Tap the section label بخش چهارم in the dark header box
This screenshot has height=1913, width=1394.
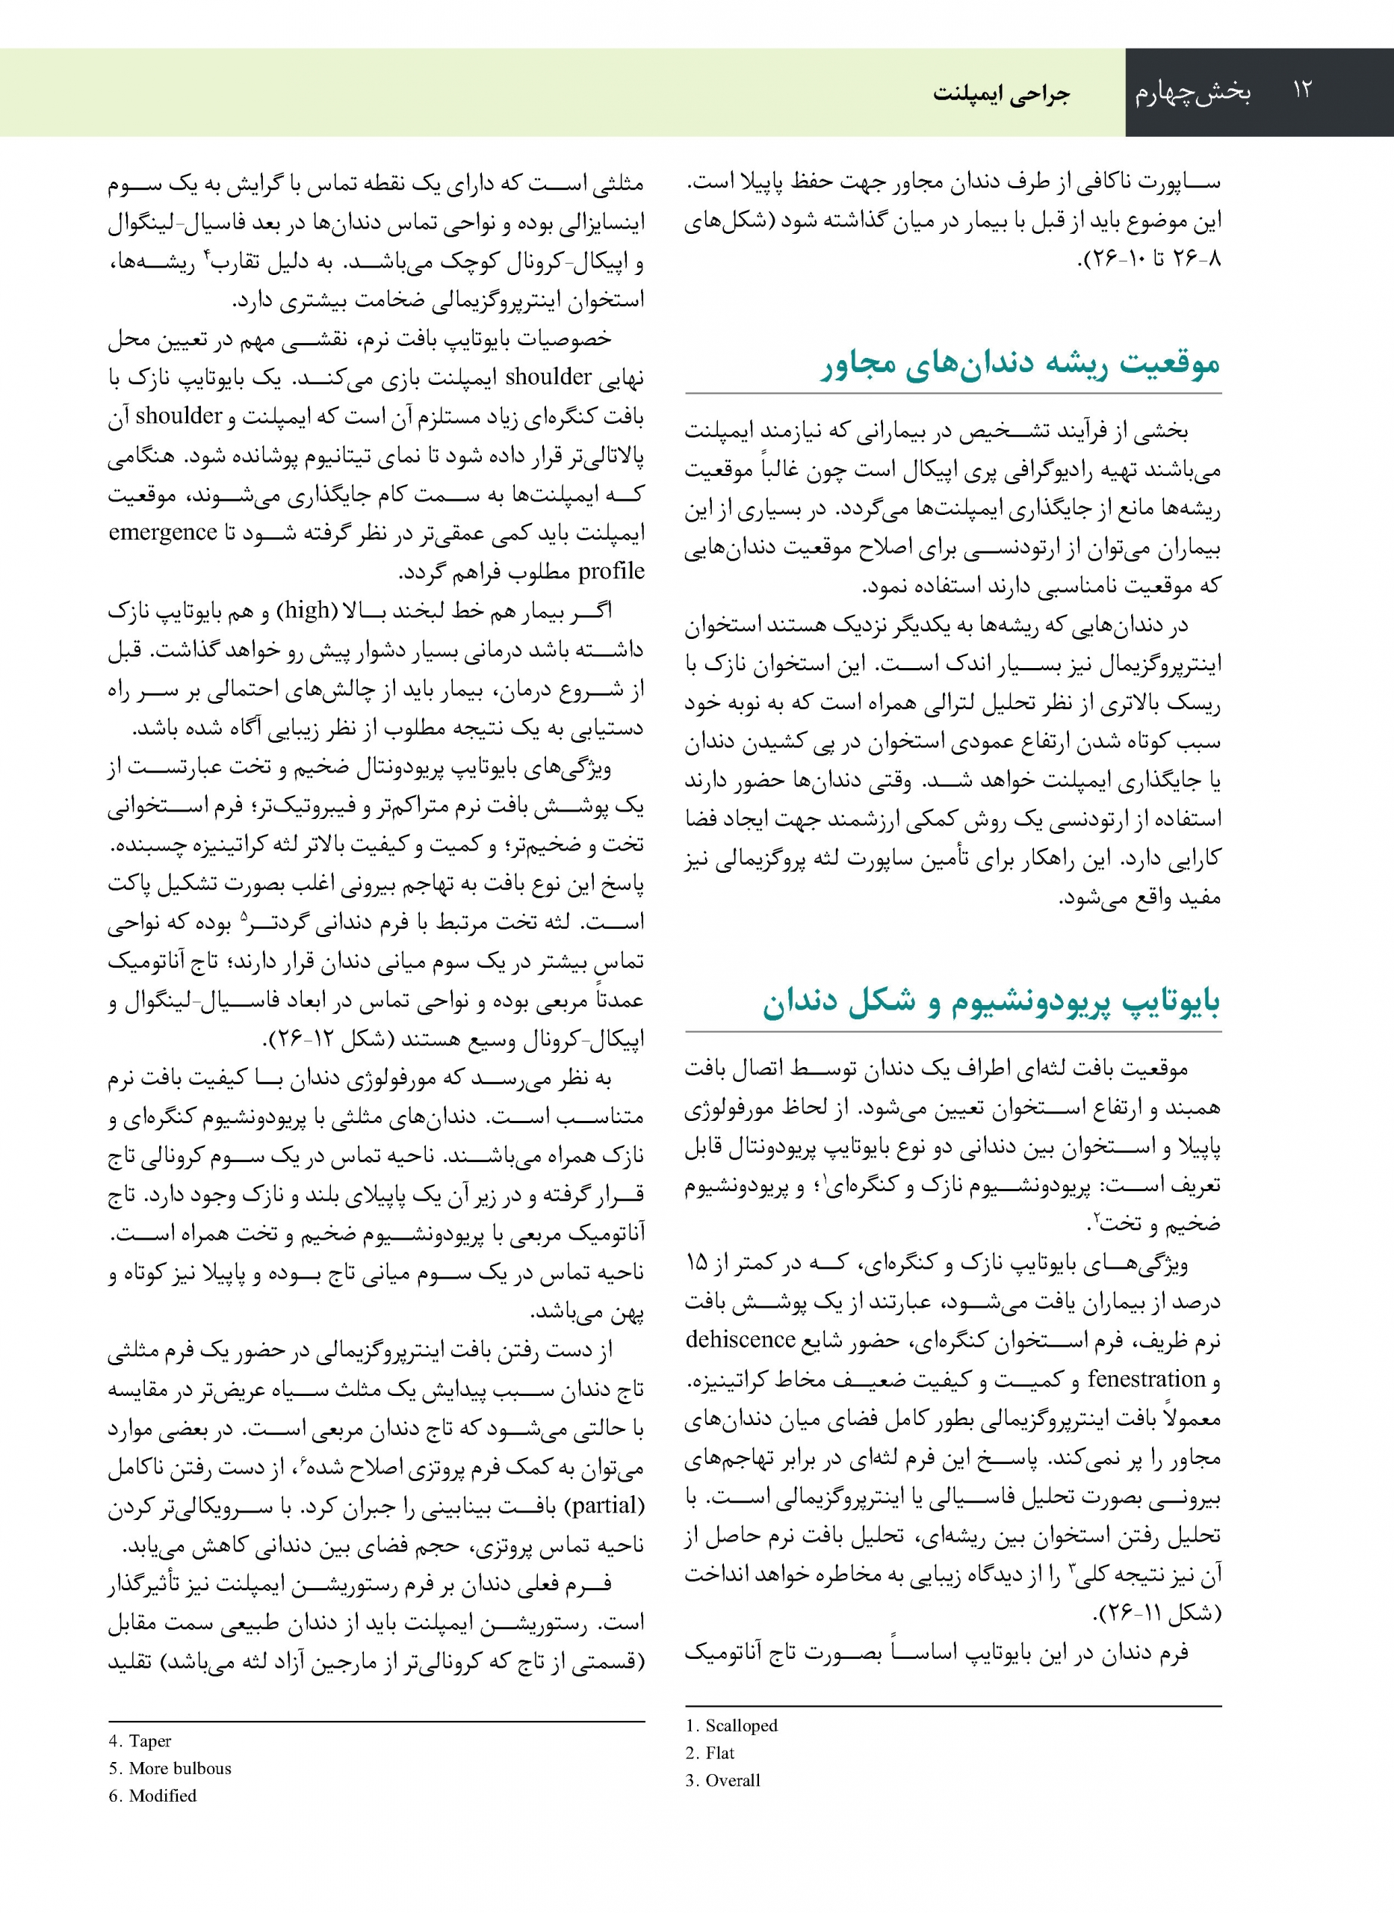1192,92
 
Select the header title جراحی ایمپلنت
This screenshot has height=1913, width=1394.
1001,93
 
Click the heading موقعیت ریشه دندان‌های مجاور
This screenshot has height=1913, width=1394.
1021,364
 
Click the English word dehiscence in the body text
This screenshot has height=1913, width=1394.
740,1340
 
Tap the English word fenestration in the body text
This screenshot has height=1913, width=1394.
1146,1379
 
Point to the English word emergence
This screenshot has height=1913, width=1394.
163,533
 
